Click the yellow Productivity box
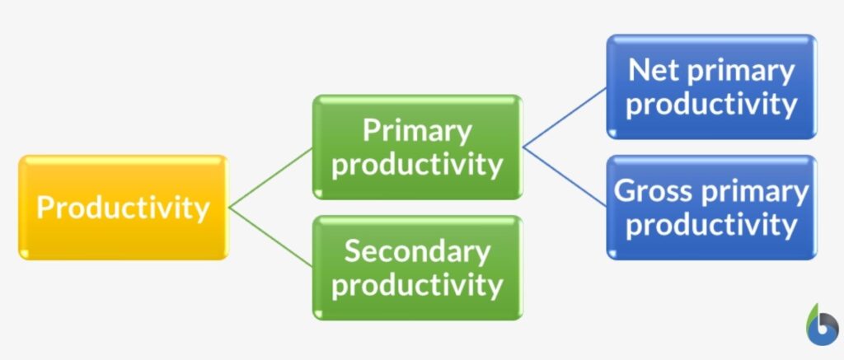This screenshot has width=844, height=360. [x=122, y=208]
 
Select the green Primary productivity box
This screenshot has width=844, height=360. [x=416, y=147]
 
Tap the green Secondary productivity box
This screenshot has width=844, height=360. [x=416, y=268]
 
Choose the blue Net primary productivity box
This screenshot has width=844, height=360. [x=711, y=86]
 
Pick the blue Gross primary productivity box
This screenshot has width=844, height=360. [x=711, y=208]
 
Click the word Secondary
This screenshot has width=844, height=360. [x=416, y=251]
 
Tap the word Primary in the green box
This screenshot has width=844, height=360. [x=417, y=130]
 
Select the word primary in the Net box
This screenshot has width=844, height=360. [x=744, y=71]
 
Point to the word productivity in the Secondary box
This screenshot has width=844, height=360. [x=416, y=285]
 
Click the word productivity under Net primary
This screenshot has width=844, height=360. [x=711, y=104]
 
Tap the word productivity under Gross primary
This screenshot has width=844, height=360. [x=711, y=224]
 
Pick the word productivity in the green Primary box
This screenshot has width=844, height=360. [x=416, y=164]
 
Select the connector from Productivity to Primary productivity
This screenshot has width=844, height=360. [x=270, y=178]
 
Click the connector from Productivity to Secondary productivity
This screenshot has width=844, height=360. [x=270, y=237]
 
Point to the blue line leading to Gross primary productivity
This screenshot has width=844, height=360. [x=565, y=176]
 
